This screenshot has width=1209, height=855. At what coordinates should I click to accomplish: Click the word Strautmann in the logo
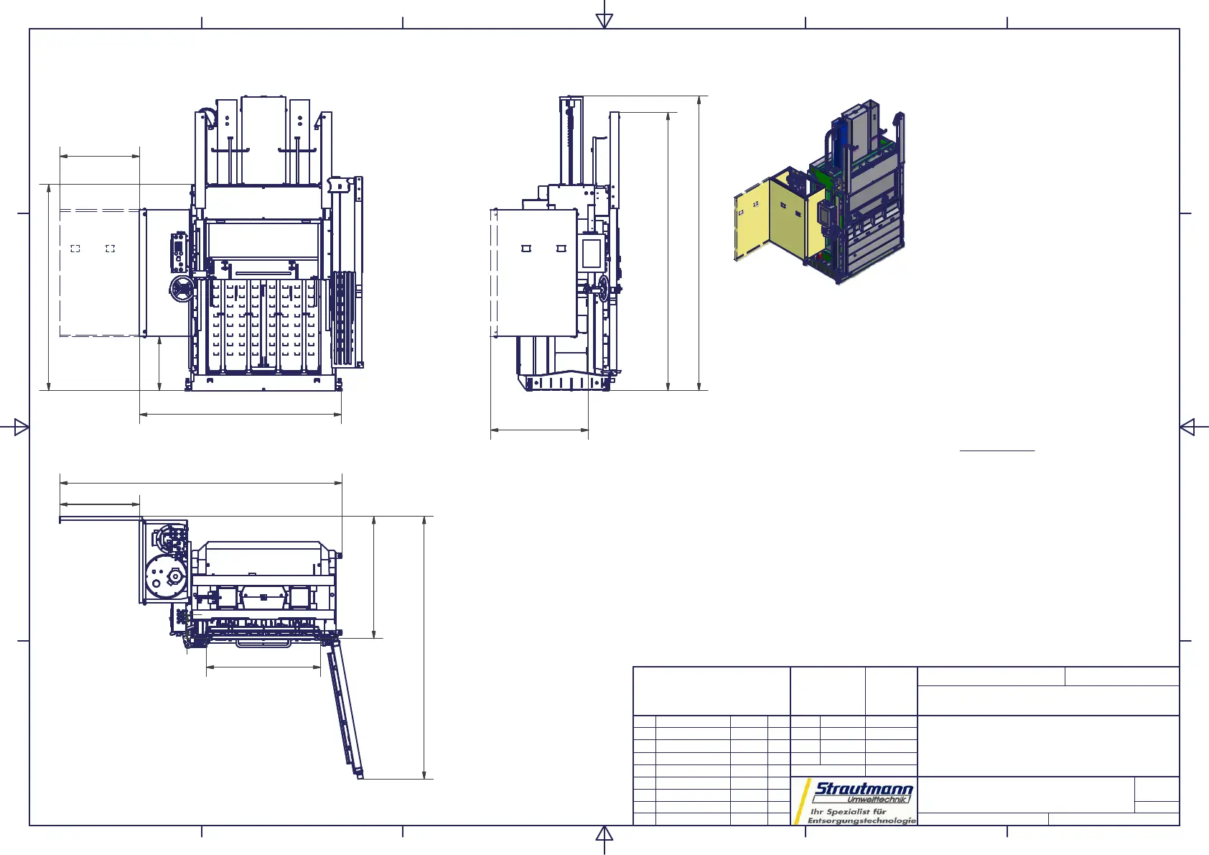tap(864, 788)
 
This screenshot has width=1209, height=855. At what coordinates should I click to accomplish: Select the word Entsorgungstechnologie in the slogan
tap(862, 821)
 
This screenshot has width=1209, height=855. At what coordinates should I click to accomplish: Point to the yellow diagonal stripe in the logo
tap(801, 802)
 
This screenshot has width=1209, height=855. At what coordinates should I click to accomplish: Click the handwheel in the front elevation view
tap(182, 290)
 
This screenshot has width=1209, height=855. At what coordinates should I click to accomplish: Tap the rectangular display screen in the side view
tap(592, 253)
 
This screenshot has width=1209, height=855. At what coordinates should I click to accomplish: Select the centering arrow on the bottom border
tap(604, 833)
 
